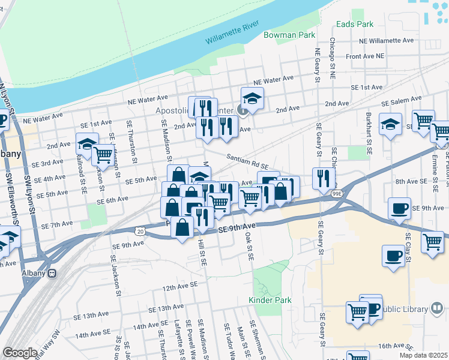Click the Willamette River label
pos(232,33)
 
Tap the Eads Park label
pos(355,24)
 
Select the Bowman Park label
pos(290,35)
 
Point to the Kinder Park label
pos(270,300)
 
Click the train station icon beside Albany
pos(52,273)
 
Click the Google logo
pos(20,353)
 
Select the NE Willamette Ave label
pos(386,41)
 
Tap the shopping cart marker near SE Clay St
pos(432,242)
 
